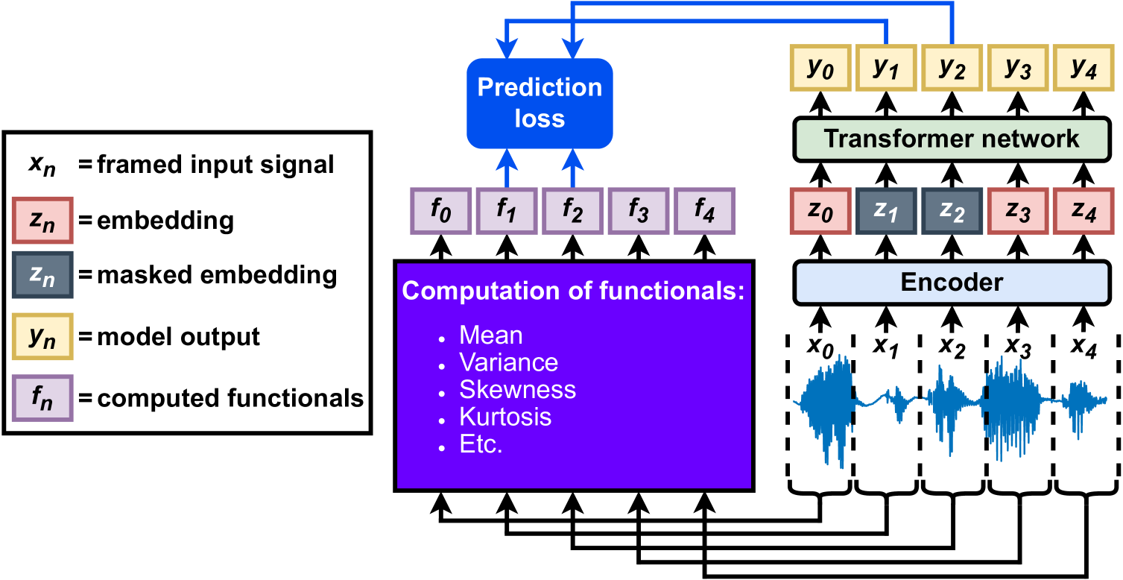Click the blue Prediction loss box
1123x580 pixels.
pos(540,103)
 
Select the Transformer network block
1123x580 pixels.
pos(952,139)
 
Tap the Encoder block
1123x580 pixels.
pos(952,283)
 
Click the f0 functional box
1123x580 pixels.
pos(440,211)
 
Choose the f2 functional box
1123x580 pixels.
pos(572,211)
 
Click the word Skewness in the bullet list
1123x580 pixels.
pos(517,390)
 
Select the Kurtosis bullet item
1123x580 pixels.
pos(505,417)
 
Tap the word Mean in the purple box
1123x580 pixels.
pos(490,335)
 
